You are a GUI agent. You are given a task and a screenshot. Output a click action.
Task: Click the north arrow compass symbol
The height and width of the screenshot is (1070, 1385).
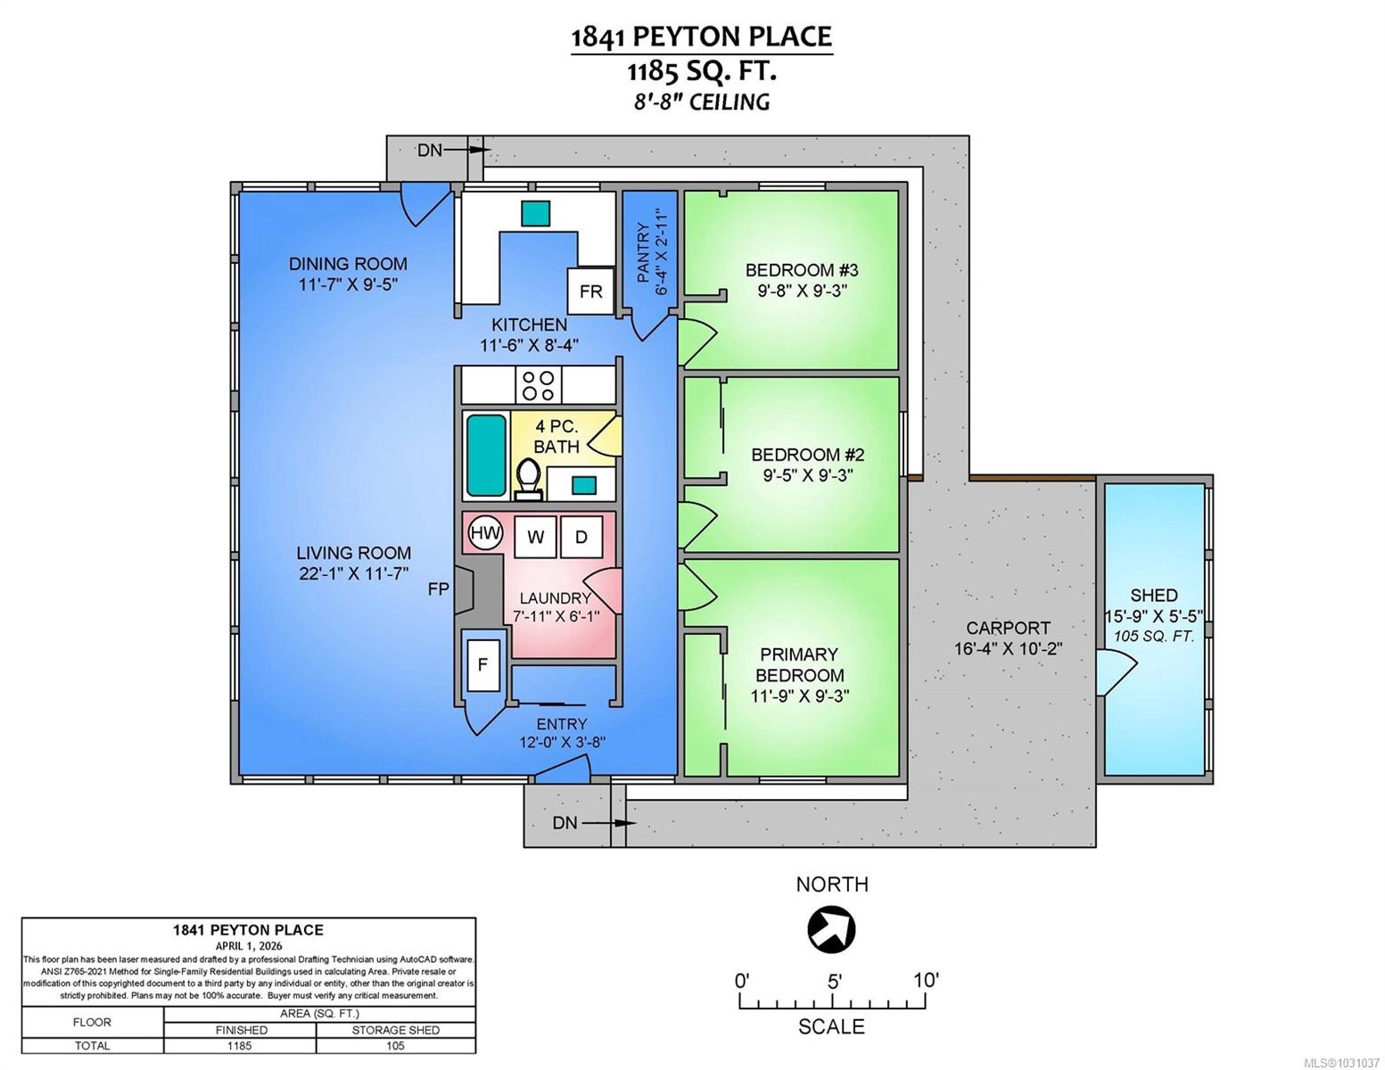(831, 930)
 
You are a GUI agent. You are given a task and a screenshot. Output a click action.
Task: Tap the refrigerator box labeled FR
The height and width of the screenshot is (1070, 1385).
(590, 292)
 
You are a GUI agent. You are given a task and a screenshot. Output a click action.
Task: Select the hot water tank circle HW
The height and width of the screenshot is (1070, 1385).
(486, 532)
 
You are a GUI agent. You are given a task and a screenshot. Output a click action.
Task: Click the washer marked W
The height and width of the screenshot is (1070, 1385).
(535, 538)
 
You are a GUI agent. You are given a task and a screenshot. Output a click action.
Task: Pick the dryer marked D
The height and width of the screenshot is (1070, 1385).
(581, 538)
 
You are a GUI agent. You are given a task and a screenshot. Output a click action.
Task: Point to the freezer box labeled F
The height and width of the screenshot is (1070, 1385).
(483, 665)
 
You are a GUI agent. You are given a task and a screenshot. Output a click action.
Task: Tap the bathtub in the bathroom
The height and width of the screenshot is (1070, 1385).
(486, 455)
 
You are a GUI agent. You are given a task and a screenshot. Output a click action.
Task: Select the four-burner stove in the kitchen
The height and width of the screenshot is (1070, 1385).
(538, 385)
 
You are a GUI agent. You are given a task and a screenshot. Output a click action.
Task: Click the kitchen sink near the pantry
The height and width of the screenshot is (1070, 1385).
(535, 213)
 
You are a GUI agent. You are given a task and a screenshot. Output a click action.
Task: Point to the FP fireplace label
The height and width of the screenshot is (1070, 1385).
(439, 589)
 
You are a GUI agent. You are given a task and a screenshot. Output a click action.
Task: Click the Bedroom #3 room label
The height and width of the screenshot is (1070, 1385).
(802, 270)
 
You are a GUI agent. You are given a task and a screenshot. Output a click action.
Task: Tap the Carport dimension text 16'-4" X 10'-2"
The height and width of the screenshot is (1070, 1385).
(1008, 649)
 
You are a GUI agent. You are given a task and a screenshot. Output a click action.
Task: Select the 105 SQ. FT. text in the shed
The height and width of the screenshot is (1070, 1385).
(1154, 636)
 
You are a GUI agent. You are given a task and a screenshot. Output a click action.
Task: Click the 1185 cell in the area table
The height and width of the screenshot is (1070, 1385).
(240, 1046)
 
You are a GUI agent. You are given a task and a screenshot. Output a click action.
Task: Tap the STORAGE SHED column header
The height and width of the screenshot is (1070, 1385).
(396, 1030)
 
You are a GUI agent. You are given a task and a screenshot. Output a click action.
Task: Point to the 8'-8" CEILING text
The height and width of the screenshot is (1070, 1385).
(702, 102)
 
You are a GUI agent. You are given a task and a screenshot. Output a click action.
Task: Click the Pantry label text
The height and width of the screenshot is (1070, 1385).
(643, 252)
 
